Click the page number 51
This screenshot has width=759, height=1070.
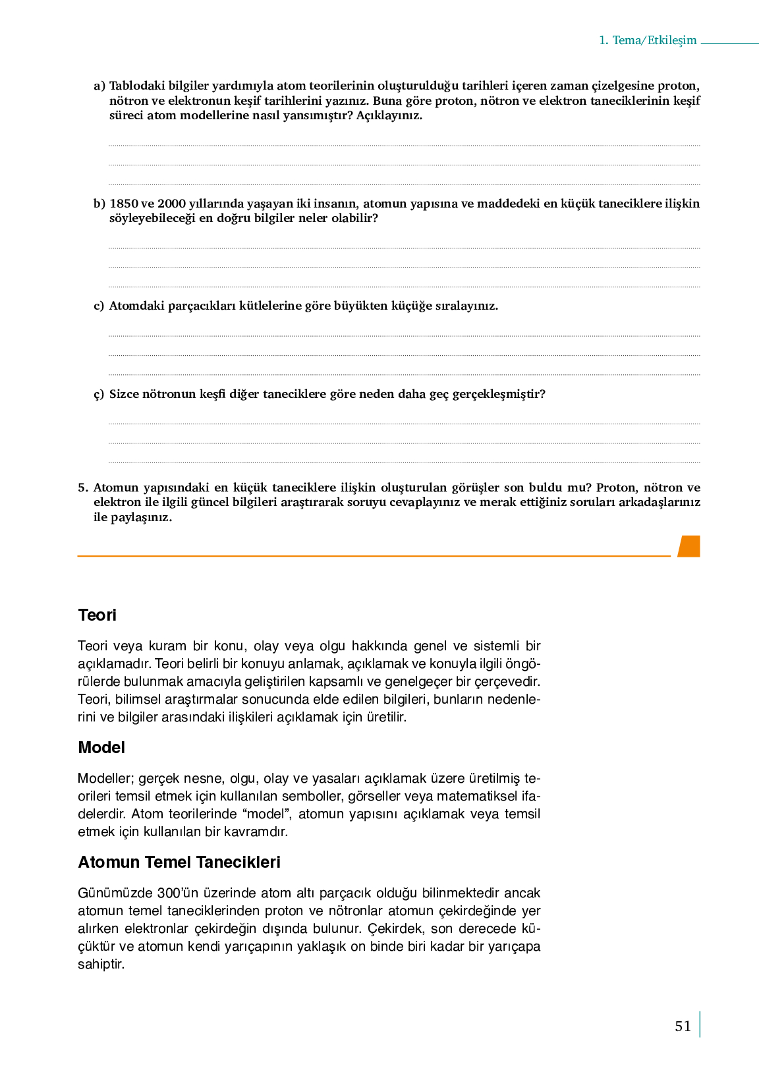click(x=683, y=1026)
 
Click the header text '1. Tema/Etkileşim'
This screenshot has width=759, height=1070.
click(x=648, y=40)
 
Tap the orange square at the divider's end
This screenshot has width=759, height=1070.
click(x=689, y=546)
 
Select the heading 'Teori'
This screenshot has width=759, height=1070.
click(x=97, y=615)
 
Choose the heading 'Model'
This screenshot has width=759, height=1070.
click(x=101, y=747)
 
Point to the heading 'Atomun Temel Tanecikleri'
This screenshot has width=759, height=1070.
click(x=179, y=862)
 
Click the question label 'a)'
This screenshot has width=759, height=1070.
click(x=99, y=86)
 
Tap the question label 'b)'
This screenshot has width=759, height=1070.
click(x=99, y=204)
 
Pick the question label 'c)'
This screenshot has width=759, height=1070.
click(x=99, y=306)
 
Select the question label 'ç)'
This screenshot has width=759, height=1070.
click(x=99, y=394)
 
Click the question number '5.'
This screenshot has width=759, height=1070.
click(x=83, y=488)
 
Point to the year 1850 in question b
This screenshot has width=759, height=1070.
click(x=123, y=204)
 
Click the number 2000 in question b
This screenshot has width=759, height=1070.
click(x=171, y=204)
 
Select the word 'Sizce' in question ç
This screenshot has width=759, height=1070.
click(x=125, y=394)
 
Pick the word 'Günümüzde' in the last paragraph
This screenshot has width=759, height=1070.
click(x=115, y=893)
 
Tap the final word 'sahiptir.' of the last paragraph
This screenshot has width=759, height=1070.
click(x=101, y=964)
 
